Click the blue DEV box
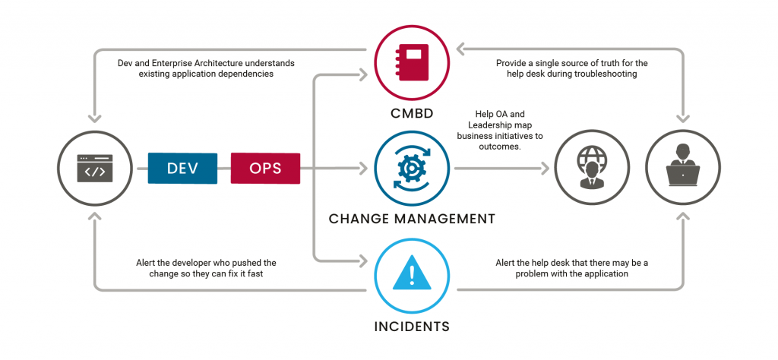183,168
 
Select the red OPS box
265,168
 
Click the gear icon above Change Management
412,169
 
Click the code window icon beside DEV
95,169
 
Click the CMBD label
412,114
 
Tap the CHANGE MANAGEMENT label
412,219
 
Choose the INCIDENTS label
412,327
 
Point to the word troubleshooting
604,74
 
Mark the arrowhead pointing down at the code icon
95,118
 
